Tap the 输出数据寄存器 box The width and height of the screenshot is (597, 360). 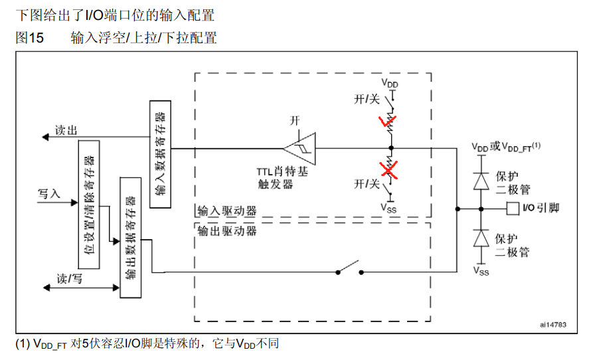[x=129, y=238]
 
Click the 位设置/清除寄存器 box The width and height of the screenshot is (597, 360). [x=88, y=204]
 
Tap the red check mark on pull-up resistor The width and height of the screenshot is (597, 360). [x=384, y=122]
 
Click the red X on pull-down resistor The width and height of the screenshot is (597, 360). [x=390, y=169]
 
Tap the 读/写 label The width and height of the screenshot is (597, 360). [x=69, y=279]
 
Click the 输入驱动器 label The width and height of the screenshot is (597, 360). [x=227, y=211]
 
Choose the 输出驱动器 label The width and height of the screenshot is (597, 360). [x=227, y=232]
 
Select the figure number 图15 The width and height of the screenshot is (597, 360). [x=29, y=38]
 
